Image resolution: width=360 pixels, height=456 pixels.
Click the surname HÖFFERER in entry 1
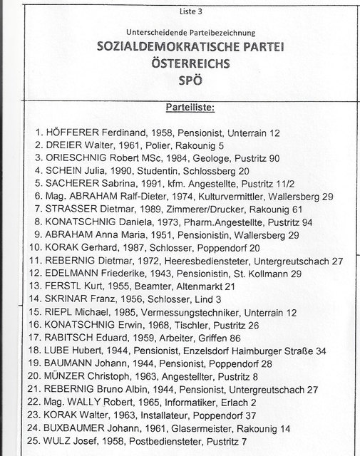[x=76, y=133]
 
